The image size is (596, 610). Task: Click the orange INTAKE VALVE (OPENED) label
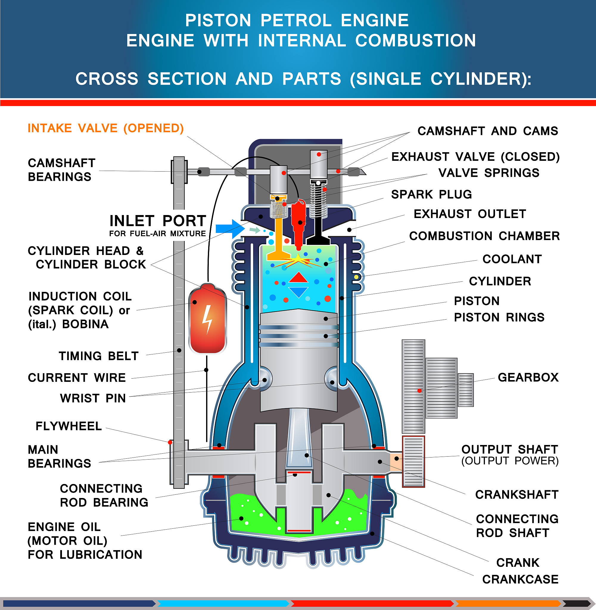pyautogui.click(x=105, y=128)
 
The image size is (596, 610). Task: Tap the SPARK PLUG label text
pyautogui.click(x=431, y=194)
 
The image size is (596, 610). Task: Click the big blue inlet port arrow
pyautogui.click(x=230, y=228)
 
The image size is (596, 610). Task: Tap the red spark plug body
pyautogui.click(x=298, y=219)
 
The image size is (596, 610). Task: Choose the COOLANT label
pyautogui.click(x=512, y=259)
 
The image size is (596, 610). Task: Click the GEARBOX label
pyautogui.click(x=528, y=377)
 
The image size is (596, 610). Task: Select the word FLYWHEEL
pyautogui.click(x=69, y=426)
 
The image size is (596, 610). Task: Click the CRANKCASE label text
pyautogui.click(x=520, y=579)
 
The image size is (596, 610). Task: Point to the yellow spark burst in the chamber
pyautogui.click(x=299, y=260)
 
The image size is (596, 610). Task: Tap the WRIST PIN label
pyautogui.click(x=93, y=399)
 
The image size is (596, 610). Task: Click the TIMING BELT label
pyautogui.click(x=99, y=356)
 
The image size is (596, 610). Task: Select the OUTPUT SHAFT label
pyautogui.click(x=510, y=449)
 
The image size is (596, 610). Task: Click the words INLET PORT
pyautogui.click(x=158, y=221)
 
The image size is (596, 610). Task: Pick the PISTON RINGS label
pyautogui.click(x=499, y=318)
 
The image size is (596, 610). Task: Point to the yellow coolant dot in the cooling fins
pyautogui.click(x=356, y=277)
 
